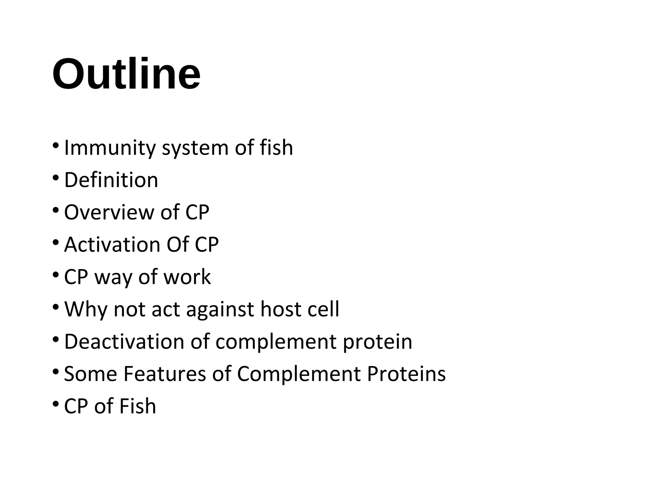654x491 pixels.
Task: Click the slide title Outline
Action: pos(126,74)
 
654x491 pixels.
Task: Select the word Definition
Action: pos(111,180)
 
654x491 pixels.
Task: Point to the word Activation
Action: pos(112,245)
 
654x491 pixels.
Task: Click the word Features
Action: pos(164,374)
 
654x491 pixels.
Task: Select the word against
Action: pos(220,310)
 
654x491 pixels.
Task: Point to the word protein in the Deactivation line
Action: pos(377,342)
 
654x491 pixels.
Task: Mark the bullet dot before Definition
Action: pos(56,177)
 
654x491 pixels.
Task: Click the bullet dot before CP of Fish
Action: pos(56,403)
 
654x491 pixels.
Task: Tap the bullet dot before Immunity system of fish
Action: pos(56,145)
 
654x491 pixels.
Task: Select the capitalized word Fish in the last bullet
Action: pos(138,406)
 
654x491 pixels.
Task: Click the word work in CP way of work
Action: pos(187,277)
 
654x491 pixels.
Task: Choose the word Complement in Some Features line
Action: pos(299,374)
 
